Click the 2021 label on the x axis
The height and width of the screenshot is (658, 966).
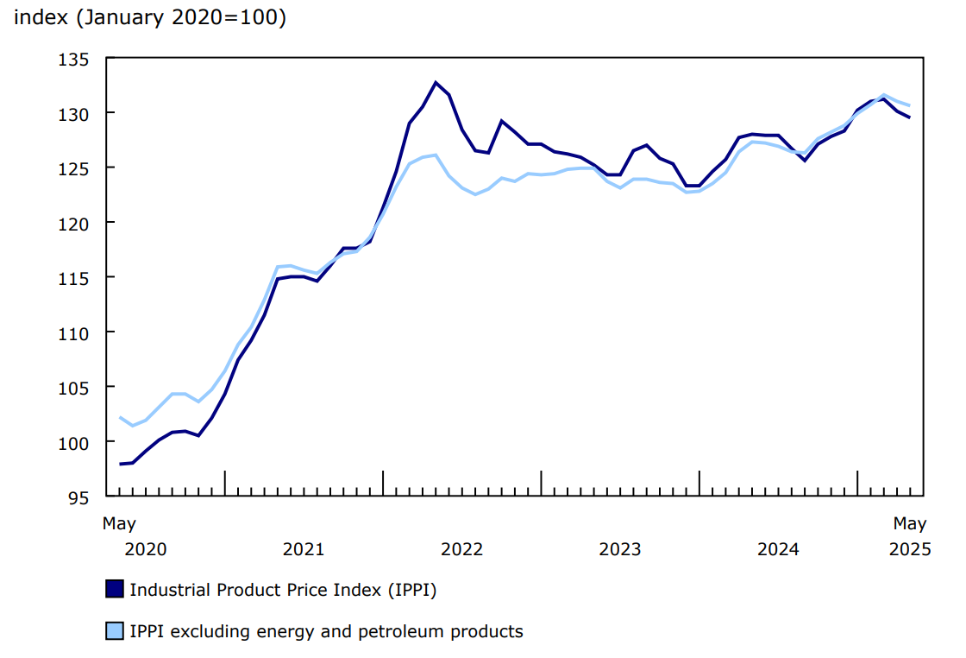point(304,549)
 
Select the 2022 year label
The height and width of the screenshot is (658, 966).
point(461,549)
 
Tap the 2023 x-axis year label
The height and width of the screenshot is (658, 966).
point(619,549)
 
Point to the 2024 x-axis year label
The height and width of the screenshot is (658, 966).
point(778,549)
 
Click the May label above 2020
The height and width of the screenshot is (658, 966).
point(119,523)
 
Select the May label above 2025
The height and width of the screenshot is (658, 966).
point(910,523)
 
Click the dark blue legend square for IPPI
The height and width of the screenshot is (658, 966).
point(114,590)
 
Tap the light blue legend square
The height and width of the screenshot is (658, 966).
point(114,631)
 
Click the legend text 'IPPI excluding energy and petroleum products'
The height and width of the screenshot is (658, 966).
point(326,631)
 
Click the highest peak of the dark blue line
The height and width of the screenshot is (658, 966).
point(436,83)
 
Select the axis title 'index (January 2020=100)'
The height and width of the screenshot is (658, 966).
point(149,18)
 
